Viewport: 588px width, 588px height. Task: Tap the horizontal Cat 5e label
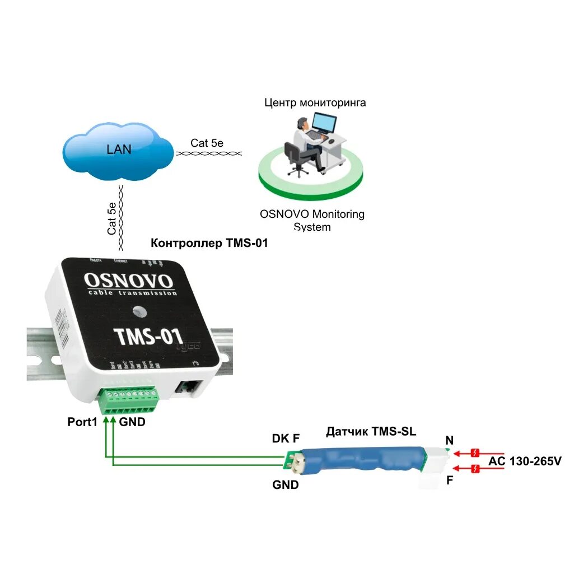207,143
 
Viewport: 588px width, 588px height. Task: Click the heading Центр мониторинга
315,103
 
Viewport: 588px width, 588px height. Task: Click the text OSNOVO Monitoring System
312,220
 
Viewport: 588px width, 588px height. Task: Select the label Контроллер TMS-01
209,244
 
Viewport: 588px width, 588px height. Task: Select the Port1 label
82,422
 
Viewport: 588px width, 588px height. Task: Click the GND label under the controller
132,422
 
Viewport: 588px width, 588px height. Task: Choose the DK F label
286,438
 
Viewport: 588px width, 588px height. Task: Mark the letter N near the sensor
449,441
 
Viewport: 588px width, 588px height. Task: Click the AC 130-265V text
525,461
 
